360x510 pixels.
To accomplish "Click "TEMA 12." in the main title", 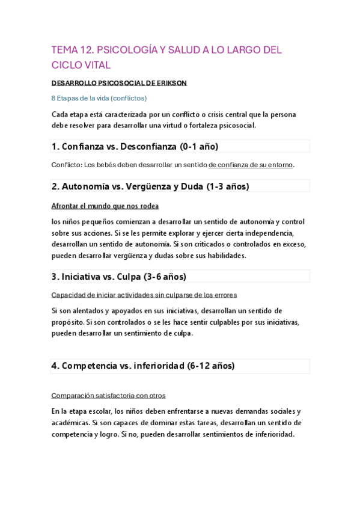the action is [x=72, y=50].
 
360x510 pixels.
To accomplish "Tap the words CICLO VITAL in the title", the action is [x=81, y=65].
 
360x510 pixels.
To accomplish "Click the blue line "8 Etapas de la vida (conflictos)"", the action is [x=99, y=98].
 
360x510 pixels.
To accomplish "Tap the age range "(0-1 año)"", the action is [x=200, y=146].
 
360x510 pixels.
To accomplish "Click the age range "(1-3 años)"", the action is [x=227, y=186].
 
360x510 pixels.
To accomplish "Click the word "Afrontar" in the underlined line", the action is [x=67, y=206].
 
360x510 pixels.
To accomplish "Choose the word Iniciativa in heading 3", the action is [x=83, y=277].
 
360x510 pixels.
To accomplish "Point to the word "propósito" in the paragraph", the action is [x=68, y=322].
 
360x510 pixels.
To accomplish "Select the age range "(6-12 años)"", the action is [x=210, y=366].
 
